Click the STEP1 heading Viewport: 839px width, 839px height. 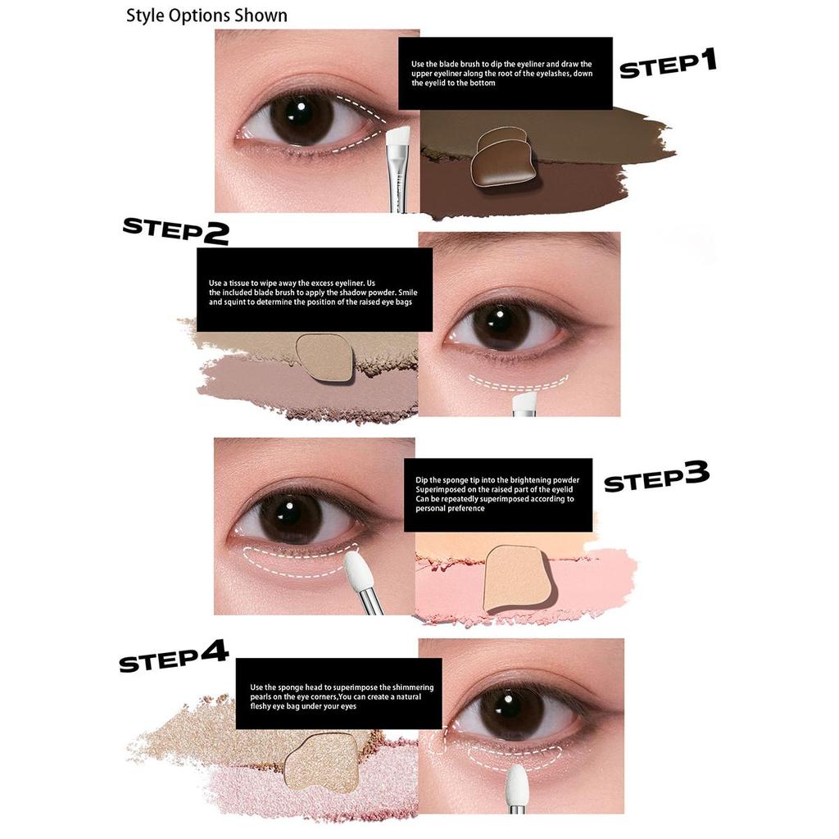pos(667,64)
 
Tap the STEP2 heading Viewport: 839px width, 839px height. pos(175,230)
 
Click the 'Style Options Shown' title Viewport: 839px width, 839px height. pos(206,16)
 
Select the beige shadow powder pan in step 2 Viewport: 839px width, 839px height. pos(325,357)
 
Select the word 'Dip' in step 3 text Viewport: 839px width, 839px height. pos(422,480)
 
